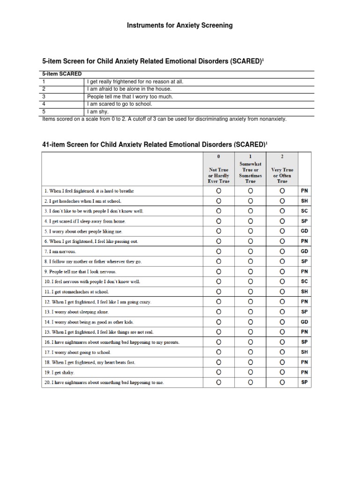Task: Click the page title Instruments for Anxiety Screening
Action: (180, 25)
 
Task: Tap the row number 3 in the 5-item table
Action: (44, 97)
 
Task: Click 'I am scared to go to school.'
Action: (120, 104)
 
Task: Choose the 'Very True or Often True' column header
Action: (282, 175)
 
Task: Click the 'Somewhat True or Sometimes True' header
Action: (250, 172)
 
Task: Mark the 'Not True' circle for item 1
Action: (218, 191)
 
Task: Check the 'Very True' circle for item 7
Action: (282, 251)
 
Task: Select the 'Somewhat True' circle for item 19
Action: (250, 372)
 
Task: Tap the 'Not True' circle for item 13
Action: (218, 312)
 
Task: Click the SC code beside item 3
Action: (304, 211)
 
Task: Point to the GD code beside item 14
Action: (304, 322)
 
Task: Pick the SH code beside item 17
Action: (304, 352)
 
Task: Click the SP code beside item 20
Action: (304, 382)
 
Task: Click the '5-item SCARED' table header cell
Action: (62, 74)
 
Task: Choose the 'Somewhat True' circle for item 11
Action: (250, 292)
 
